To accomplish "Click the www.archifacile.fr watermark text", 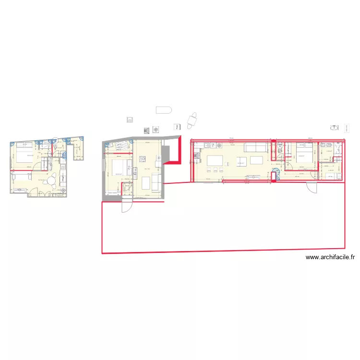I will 330,257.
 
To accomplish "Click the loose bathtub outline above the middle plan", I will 164,109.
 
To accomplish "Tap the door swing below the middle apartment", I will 126,206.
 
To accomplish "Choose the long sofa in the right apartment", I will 256,146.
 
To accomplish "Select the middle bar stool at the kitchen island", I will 216,169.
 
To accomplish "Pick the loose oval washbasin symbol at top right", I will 335,128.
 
